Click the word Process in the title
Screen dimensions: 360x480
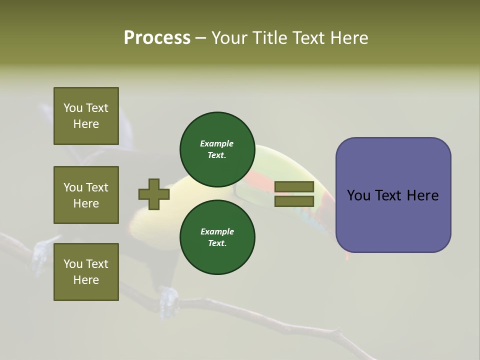click(x=157, y=38)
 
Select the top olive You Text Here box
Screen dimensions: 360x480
click(x=86, y=116)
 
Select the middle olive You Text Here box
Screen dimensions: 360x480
click(x=86, y=195)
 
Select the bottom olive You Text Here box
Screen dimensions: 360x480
click(x=86, y=272)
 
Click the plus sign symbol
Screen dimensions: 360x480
click(x=154, y=194)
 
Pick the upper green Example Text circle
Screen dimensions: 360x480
click(x=217, y=149)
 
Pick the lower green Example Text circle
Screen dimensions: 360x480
click(x=217, y=237)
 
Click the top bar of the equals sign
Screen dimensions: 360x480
click(x=294, y=187)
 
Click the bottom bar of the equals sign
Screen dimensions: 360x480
click(x=294, y=201)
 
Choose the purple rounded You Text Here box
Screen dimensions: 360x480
click(x=393, y=195)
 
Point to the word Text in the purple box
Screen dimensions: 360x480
click(x=389, y=195)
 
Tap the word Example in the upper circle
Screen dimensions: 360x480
click(x=217, y=143)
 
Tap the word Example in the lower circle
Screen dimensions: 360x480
click(x=217, y=231)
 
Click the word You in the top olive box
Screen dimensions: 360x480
click(x=73, y=108)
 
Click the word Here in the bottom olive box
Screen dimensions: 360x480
click(x=86, y=280)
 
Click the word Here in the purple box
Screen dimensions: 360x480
click(x=422, y=195)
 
